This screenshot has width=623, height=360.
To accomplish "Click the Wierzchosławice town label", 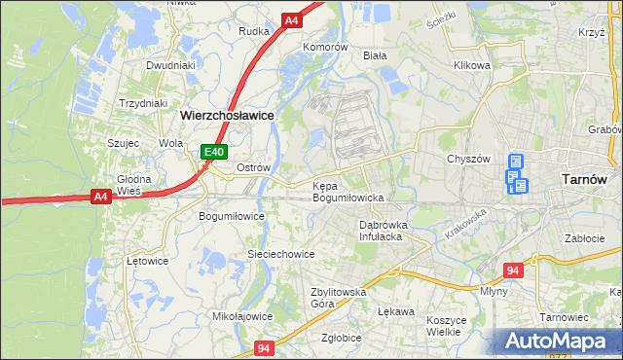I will tap(226, 114).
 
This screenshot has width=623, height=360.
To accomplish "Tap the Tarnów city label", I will tap(586, 178).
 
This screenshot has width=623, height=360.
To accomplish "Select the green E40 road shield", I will tap(215, 152).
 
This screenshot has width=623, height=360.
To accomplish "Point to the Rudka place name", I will tap(254, 30).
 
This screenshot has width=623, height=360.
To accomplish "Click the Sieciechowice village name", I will tap(280, 254).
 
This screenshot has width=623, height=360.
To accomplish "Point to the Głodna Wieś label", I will tap(129, 185).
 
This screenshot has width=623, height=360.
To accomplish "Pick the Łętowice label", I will tap(148, 261).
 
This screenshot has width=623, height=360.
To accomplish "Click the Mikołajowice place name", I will tap(242, 316).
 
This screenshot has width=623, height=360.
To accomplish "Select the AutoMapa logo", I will tap(559, 342).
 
